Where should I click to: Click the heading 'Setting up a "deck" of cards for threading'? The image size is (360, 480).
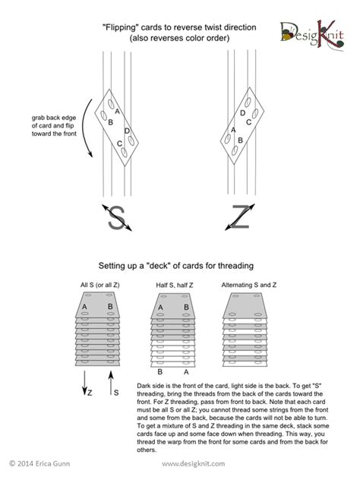tap(180, 266)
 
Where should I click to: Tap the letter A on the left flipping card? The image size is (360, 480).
tap(118, 112)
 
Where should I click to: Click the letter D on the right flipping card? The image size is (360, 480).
tap(243, 113)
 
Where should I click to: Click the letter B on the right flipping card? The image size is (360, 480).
tap(240, 140)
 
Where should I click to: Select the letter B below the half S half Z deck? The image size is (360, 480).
tap(160, 373)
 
